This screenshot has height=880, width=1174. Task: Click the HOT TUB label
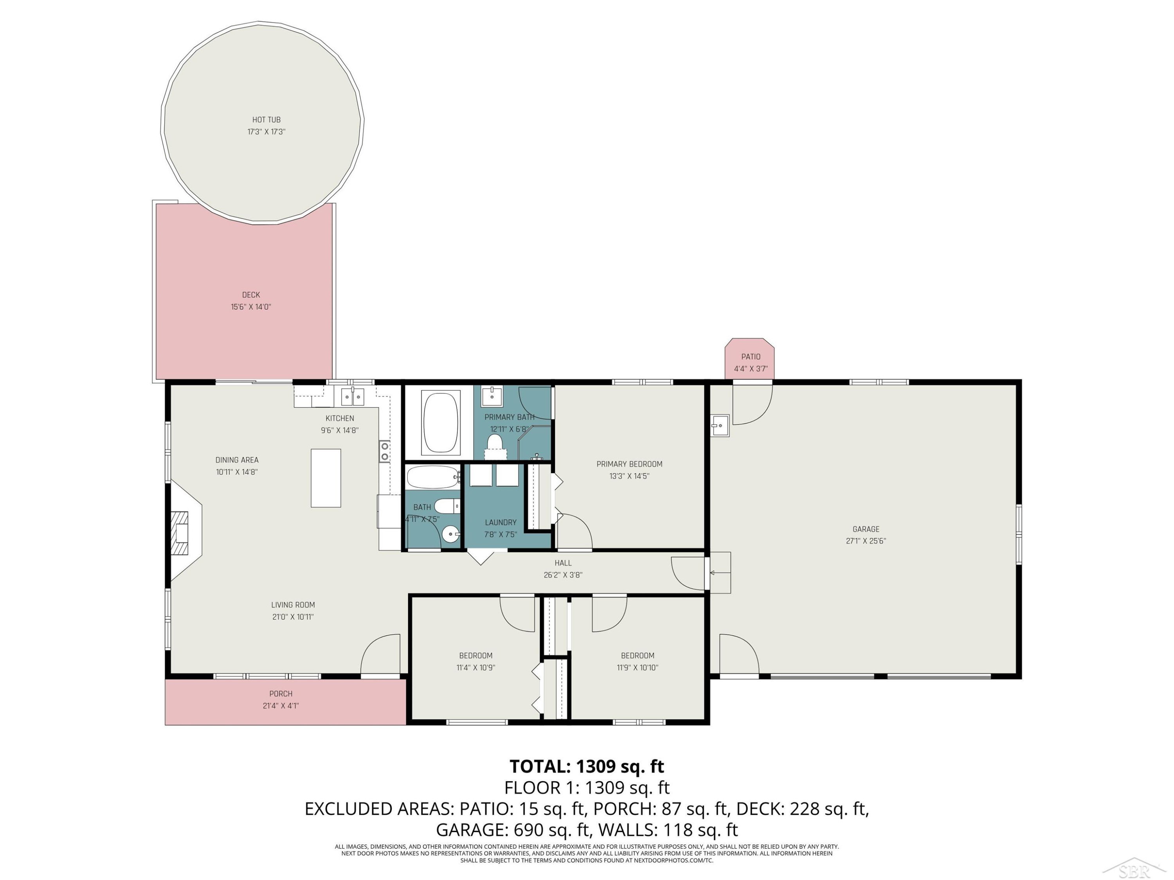click(x=266, y=120)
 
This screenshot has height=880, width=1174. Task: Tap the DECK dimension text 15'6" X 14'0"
click(x=251, y=307)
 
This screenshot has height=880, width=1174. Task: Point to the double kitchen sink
click(x=353, y=396)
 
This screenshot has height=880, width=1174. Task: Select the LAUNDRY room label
click(x=501, y=523)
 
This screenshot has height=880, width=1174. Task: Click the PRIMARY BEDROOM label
click(x=629, y=464)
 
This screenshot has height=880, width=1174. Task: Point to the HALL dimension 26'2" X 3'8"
click(x=563, y=575)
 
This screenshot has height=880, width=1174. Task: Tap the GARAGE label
click(x=866, y=529)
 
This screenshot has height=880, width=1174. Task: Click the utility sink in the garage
click(x=720, y=426)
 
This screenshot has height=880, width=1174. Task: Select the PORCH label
click(x=281, y=693)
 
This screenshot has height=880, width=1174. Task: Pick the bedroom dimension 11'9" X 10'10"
click(x=637, y=667)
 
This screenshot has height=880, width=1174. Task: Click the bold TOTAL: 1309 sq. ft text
click(x=587, y=767)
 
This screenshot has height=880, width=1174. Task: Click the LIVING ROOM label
click(x=293, y=605)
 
